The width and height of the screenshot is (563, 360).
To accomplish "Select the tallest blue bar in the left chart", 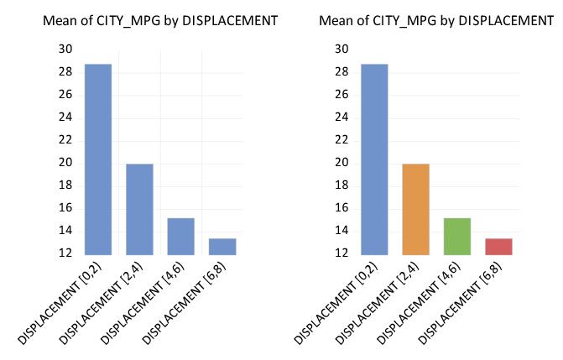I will coord(98,159).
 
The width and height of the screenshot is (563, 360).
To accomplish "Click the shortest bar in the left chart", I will coord(222,246).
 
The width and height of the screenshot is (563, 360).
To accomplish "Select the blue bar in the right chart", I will coord(374,159).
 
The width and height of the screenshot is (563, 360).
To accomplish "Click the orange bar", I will coord(416,209).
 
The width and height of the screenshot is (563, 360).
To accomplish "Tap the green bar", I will coord(457,236).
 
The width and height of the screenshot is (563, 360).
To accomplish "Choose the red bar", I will coord(498,246).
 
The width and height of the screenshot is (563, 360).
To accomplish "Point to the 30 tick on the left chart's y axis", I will coord(65,49).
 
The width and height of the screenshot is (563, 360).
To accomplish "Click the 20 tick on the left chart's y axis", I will coord(65,163).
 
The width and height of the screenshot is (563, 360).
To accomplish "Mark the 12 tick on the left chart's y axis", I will coord(65,253).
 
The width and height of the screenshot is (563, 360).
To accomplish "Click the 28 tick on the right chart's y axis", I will coord(342,71).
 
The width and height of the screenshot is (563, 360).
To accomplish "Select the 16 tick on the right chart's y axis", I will coord(342,208).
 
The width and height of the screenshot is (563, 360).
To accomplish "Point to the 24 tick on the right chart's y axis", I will coord(342,117).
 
